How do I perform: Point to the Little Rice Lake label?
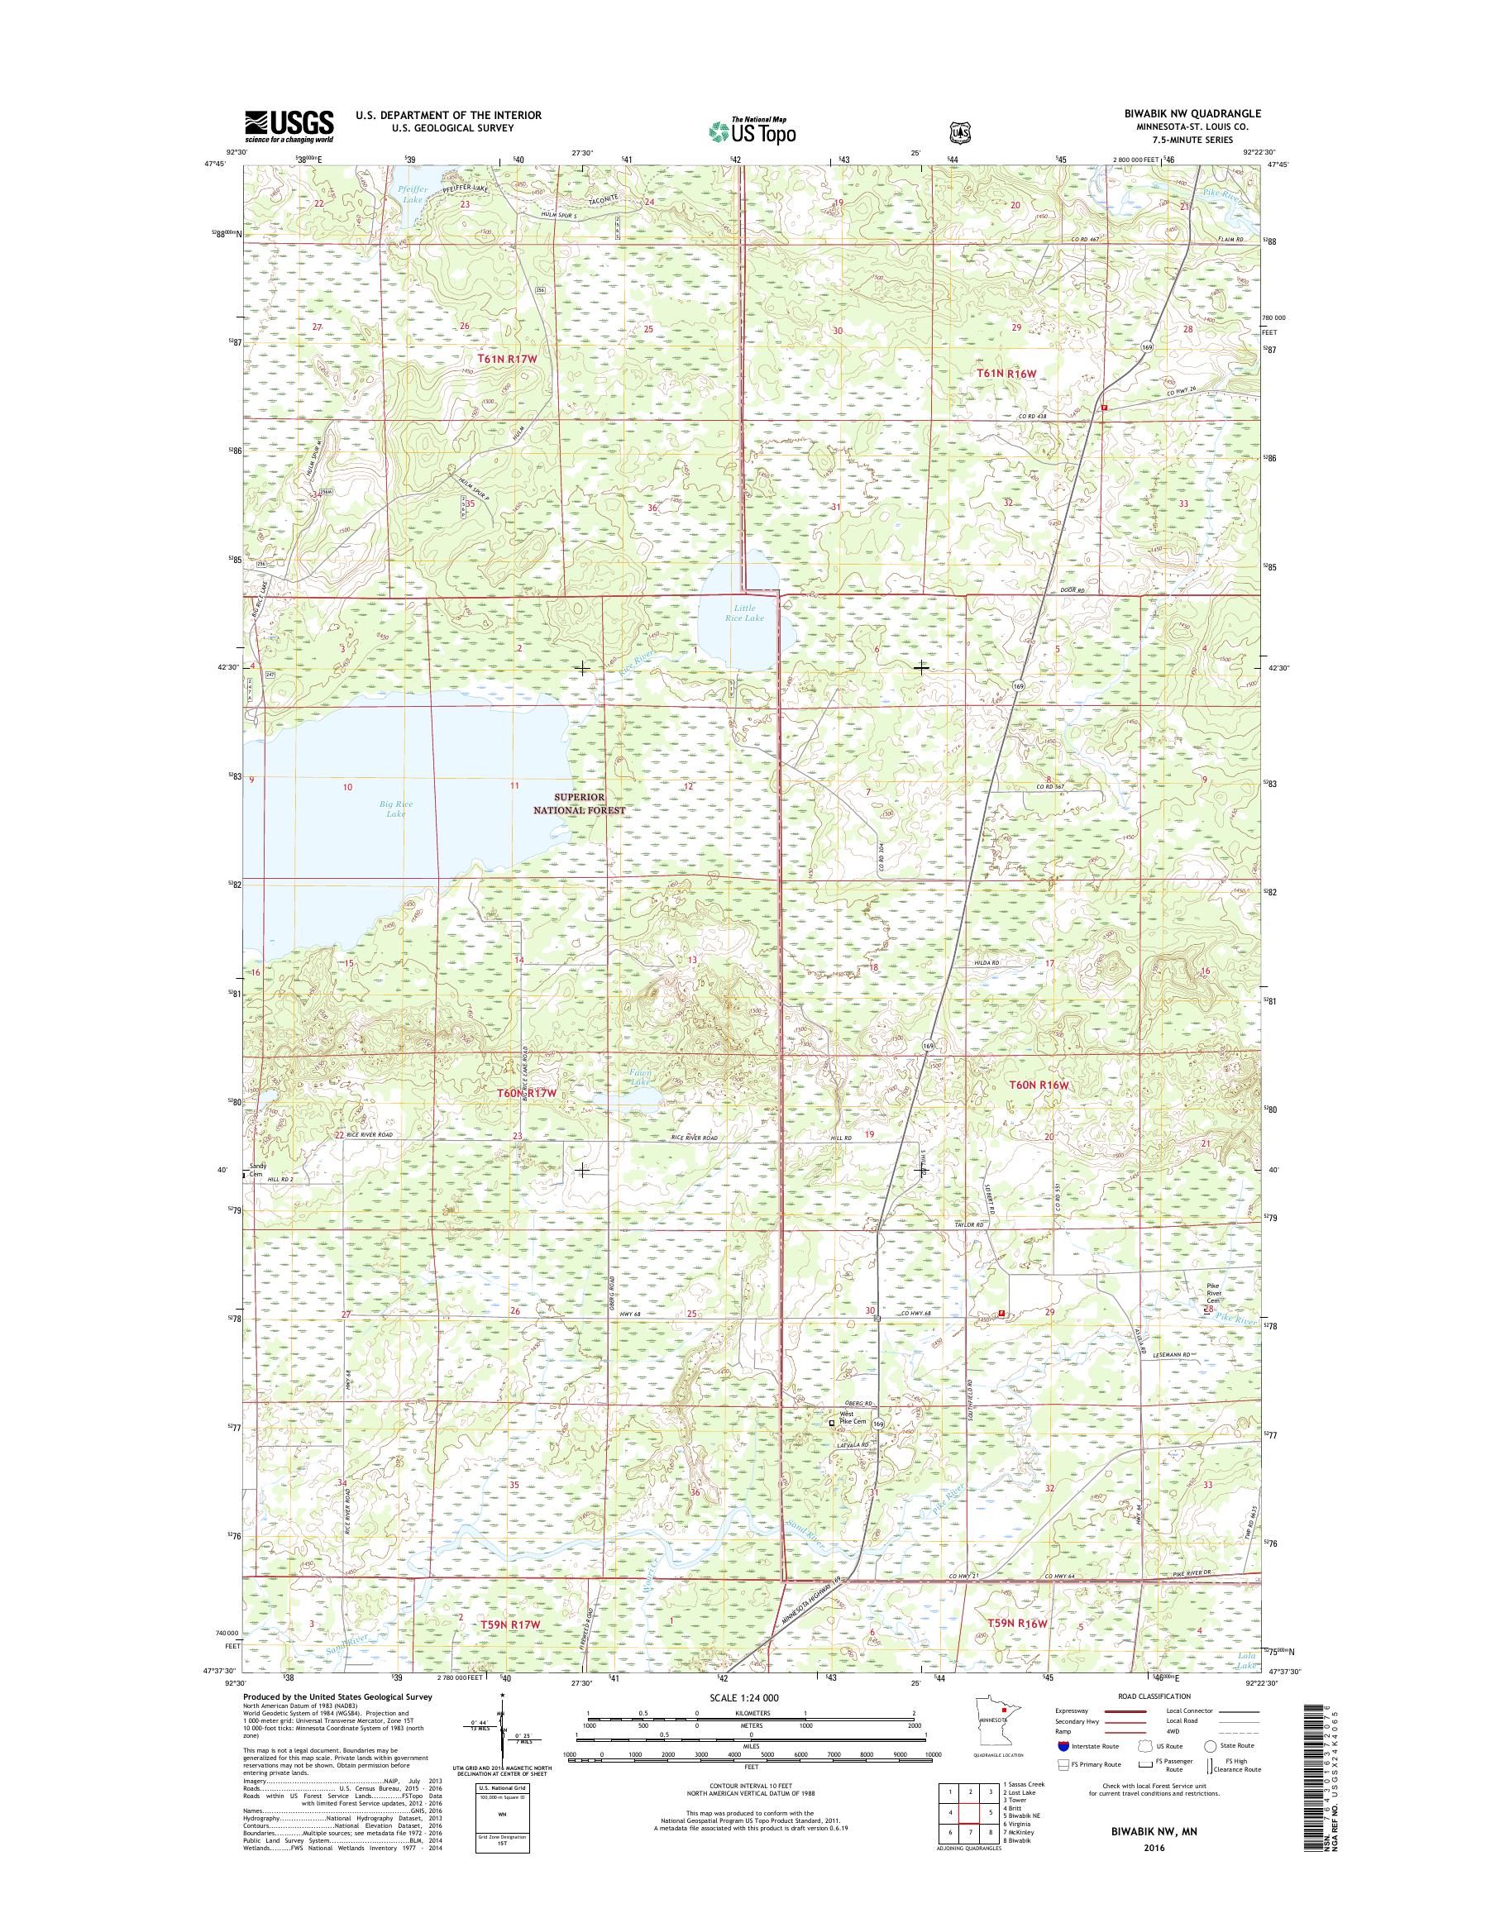tap(745, 613)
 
